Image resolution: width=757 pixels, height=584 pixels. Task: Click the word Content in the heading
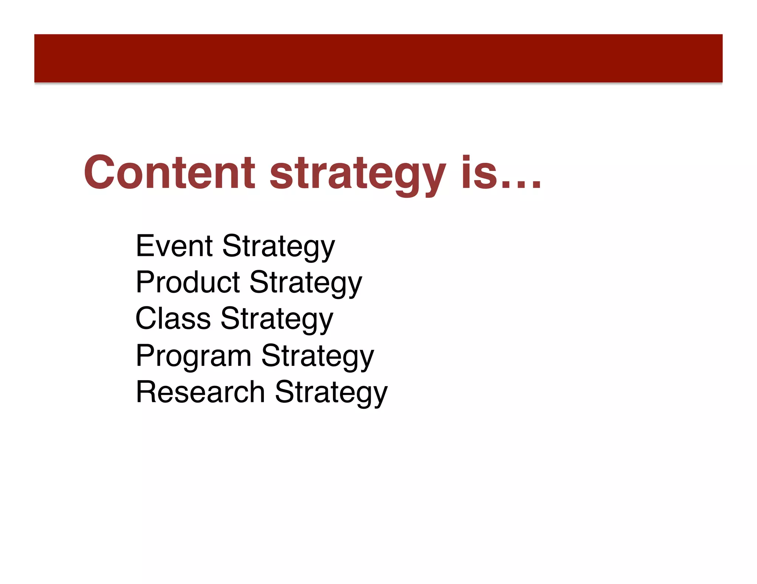(x=169, y=172)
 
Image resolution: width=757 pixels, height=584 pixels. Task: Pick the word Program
(x=194, y=355)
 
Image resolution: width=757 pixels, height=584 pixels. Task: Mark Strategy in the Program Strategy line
(x=318, y=356)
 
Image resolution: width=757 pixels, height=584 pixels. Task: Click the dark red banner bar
(x=378, y=58)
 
